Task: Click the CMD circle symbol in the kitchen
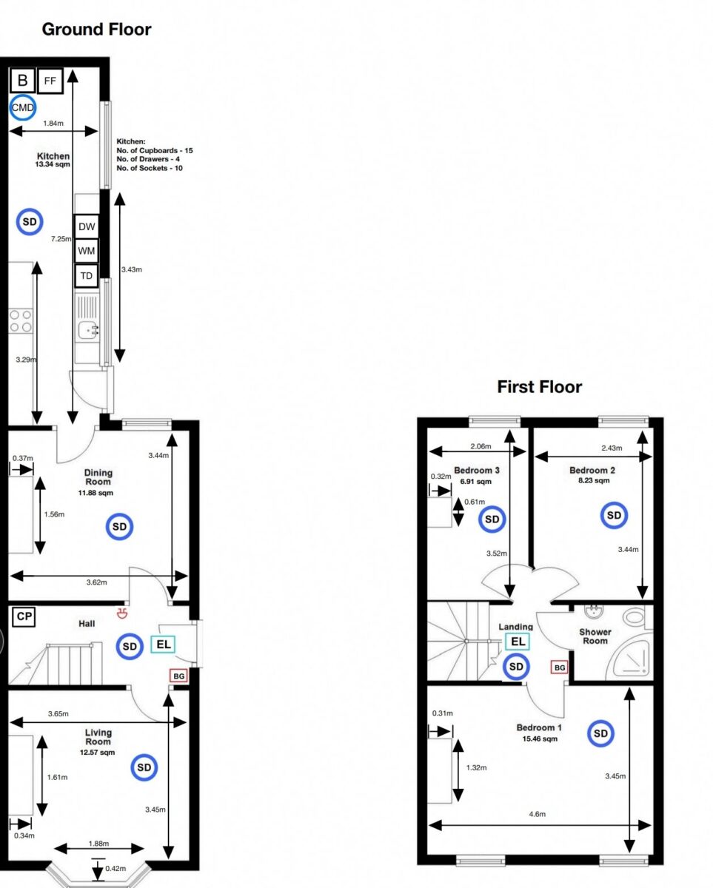(22, 108)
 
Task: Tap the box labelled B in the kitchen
(22, 81)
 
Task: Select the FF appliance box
(50, 81)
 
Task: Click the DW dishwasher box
(87, 226)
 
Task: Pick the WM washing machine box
(87, 251)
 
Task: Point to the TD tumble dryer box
(87, 276)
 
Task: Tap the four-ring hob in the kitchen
(20, 320)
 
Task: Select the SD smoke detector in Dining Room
(120, 526)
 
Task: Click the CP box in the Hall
(24, 616)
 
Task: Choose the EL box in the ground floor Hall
(164, 645)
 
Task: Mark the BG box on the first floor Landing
(560, 667)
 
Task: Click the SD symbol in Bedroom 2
(614, 515)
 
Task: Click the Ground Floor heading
(96, 30)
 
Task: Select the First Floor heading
(539, 386)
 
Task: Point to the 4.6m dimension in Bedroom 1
(537, 814)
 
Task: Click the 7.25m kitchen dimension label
(61, 239)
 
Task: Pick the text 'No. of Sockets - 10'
(150, 168)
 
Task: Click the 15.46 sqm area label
(539, 739)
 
